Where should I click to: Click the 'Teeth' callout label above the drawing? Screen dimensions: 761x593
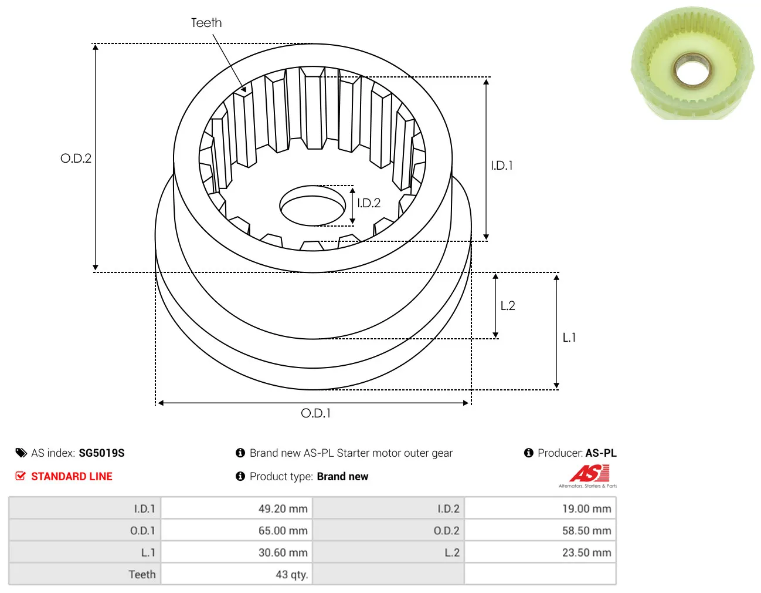206,23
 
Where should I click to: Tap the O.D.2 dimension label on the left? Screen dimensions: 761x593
76,159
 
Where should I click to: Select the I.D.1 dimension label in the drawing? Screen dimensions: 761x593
501,166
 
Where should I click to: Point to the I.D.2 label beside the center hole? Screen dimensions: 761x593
369,203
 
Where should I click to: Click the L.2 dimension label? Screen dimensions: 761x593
508,306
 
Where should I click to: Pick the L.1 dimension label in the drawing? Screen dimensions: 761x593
569,338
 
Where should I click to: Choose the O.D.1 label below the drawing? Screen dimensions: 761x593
315,413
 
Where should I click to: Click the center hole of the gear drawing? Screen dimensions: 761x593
312,205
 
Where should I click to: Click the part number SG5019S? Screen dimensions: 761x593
101,453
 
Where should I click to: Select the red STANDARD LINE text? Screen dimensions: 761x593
72,477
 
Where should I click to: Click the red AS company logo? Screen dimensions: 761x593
589,473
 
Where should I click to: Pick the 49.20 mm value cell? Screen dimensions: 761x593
236,508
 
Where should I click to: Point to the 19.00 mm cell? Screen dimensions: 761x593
540,508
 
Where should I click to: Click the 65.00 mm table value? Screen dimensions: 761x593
236,530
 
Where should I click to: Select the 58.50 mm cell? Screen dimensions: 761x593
540,530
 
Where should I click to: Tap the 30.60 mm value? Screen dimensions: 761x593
236,552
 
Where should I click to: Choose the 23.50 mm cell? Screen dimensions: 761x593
540,552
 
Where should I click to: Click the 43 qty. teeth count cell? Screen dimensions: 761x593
236,574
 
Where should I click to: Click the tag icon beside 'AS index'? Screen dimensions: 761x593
21,453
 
